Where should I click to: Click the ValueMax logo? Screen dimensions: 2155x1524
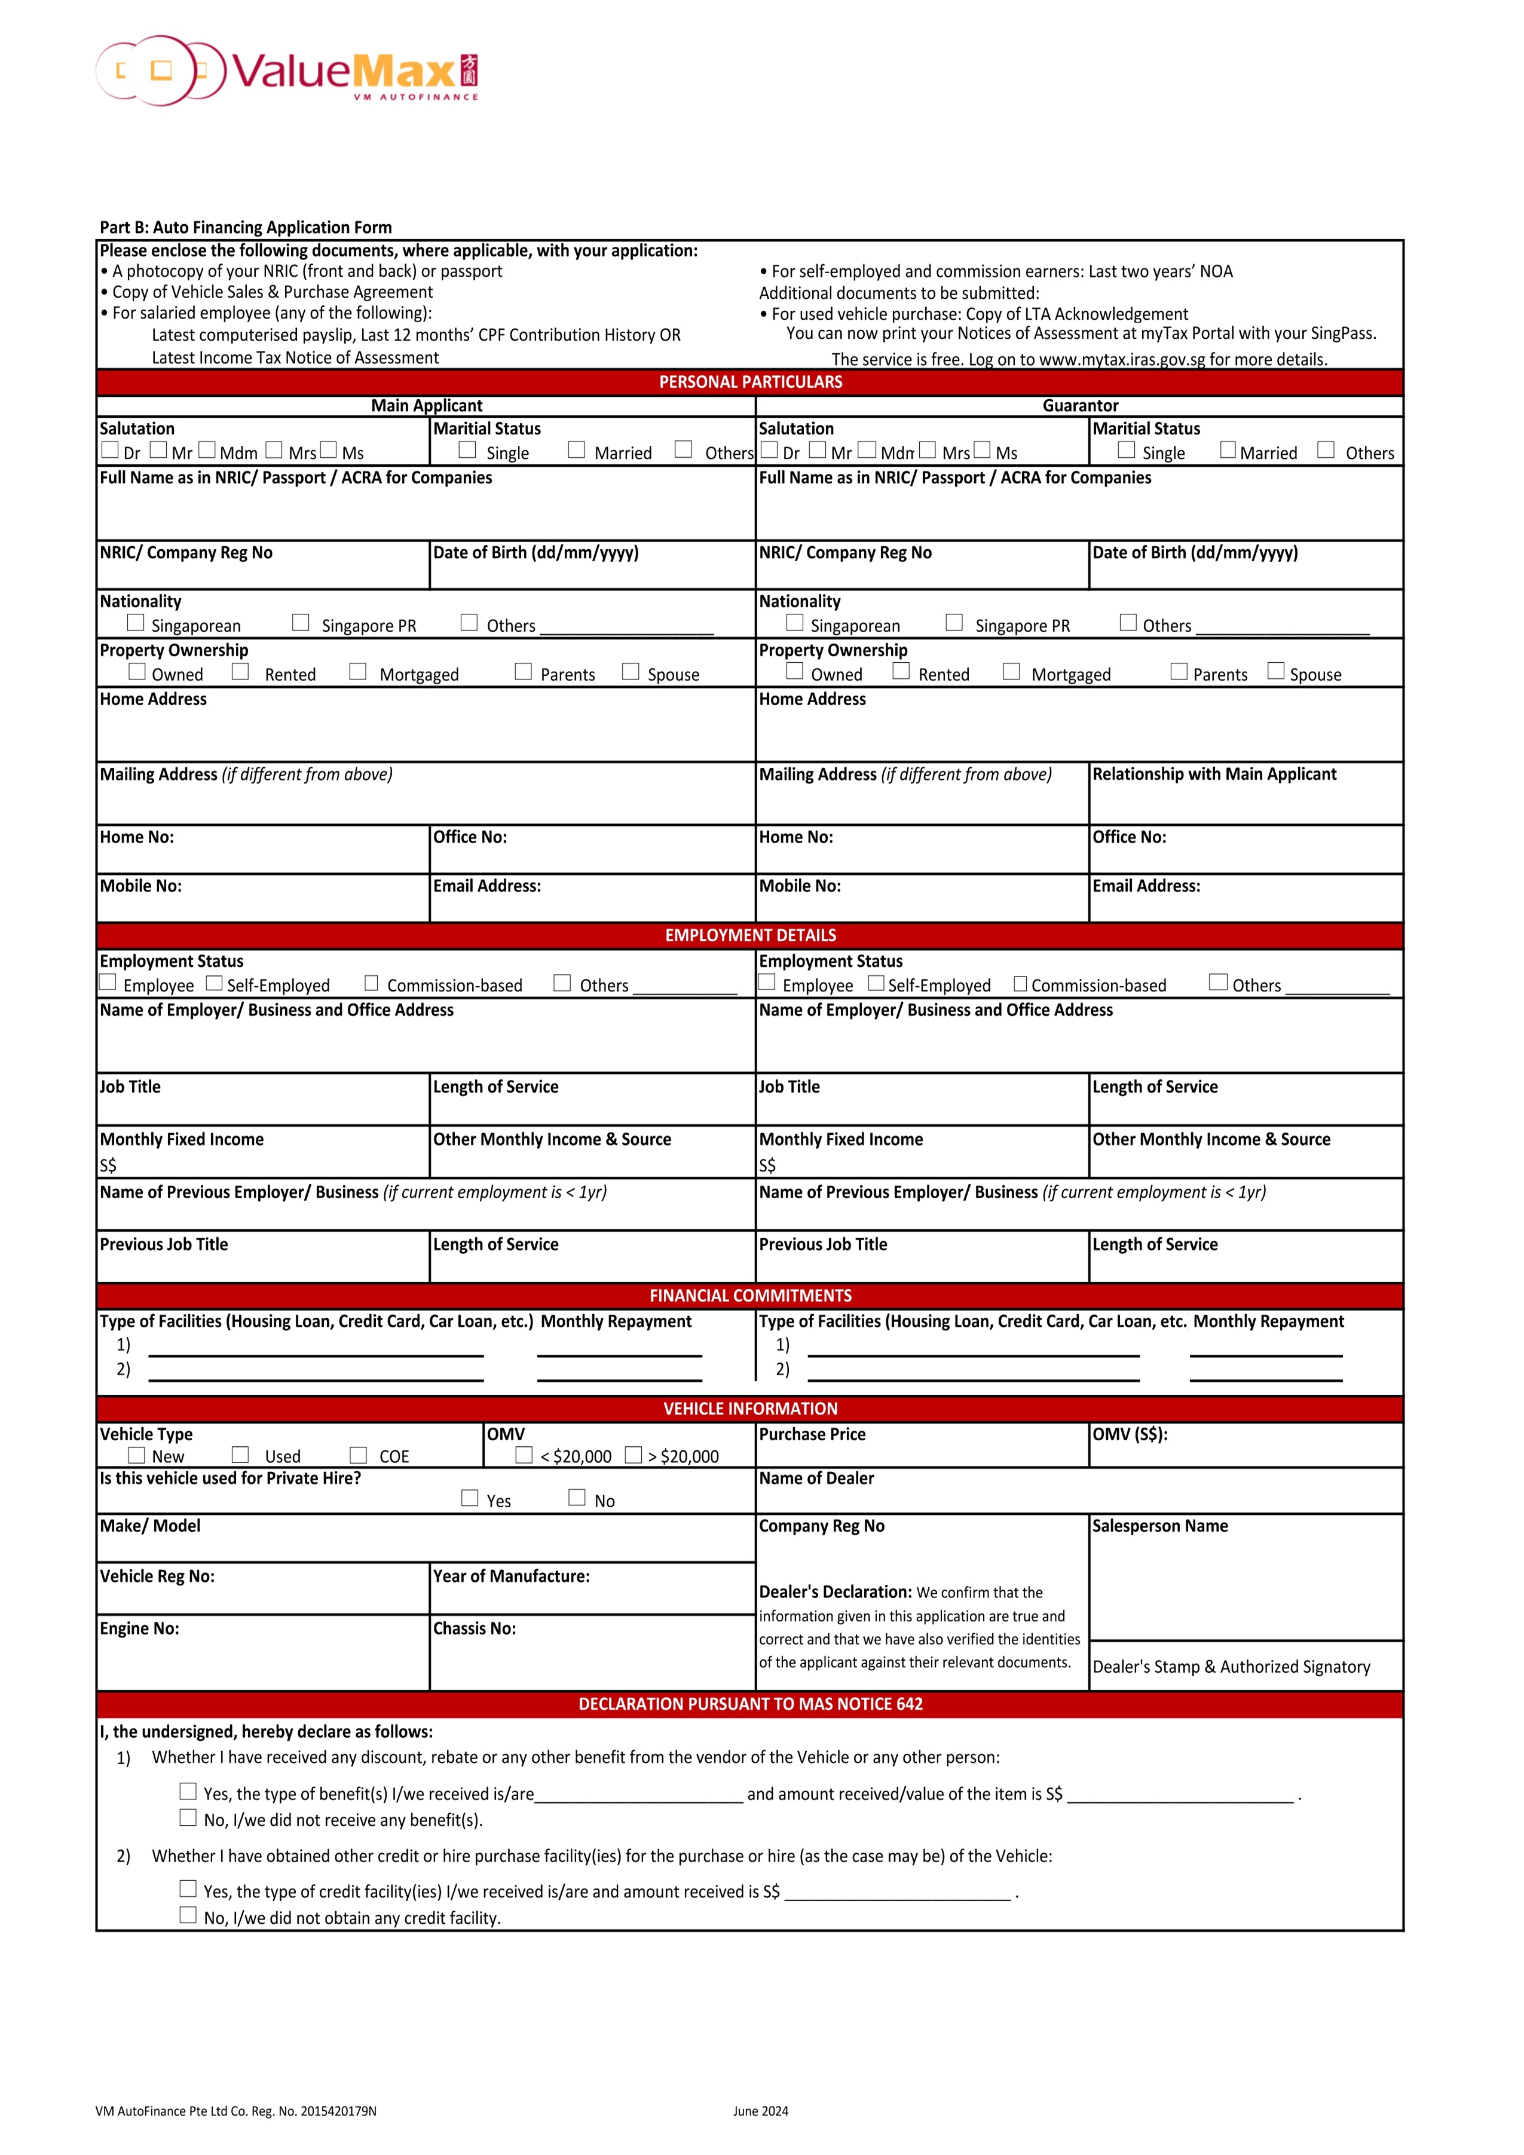coord(286,71)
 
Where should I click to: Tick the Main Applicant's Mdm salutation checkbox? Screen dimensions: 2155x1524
coord(207,451)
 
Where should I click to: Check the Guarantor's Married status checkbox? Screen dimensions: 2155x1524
coord(1228,451)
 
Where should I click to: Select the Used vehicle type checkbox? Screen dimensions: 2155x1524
coord(240,1455)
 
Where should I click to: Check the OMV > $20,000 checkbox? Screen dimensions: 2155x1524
coord(634,1455)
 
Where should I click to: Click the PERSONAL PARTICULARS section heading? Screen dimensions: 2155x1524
coord(751,382)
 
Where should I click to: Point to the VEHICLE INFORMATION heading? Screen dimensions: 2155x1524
coord(751,1409)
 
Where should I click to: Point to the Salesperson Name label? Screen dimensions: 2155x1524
coord(1160,1526)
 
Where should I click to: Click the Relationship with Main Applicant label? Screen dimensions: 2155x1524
coord(1214,775)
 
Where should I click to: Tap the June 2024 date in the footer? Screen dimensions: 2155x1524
coord(760,2112)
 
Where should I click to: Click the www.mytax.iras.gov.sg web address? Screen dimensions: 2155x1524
coord(1121,360)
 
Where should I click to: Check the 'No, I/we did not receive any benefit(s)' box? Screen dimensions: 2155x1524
coord(189,1818)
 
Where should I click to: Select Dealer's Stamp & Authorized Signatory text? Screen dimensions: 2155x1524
coord(1231,1667)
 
